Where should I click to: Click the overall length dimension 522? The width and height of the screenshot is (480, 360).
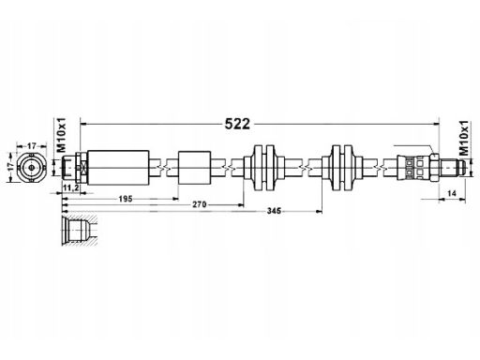pos(237,124)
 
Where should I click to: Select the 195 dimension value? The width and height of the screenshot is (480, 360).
pos(126,199)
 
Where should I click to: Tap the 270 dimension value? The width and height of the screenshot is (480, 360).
pos(200,204)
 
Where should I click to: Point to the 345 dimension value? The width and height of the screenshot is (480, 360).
pos(274,211)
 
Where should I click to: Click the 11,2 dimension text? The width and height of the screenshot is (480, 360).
pos(70,187)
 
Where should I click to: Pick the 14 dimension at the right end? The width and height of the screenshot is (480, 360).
pos(452,194)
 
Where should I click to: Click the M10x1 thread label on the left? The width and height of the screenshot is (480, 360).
pos(62,135)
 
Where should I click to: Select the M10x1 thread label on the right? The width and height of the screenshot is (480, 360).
pos(464,138)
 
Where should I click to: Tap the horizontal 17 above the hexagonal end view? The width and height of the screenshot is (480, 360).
pos(32,146)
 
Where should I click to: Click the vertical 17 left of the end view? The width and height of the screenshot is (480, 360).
pos(11,167)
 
